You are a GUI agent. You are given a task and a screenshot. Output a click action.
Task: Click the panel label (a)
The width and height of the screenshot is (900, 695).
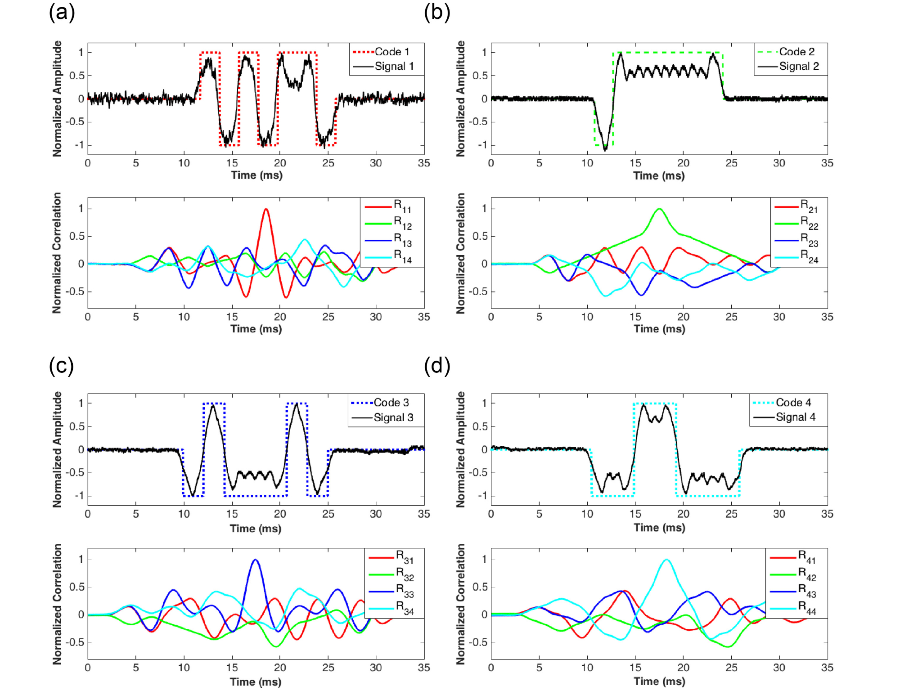click(62, 12)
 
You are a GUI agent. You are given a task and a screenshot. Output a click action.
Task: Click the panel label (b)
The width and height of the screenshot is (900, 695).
click(436, 12)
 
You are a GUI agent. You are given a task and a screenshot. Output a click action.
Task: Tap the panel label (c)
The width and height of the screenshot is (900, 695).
click(61, 366)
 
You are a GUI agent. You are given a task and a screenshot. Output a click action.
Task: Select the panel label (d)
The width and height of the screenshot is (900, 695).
click(436, 366)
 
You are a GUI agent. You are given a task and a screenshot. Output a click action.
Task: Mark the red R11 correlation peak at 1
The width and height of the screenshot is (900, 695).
click(266, 209)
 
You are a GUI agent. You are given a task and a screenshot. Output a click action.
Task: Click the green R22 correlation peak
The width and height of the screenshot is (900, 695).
click(659, 209)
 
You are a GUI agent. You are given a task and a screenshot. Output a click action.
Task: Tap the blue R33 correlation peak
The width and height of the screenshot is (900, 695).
click(255, 560)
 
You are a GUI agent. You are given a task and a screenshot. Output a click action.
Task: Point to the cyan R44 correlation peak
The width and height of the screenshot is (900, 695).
click(666, 560)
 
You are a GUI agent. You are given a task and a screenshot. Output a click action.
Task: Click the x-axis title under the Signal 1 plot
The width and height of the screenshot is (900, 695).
click(256, 175)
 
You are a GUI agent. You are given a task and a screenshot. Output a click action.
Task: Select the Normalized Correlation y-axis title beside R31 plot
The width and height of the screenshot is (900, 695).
click(57, 604)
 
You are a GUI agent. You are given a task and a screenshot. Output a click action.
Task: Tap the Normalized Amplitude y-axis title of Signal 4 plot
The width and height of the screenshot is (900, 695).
click(460, 449)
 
